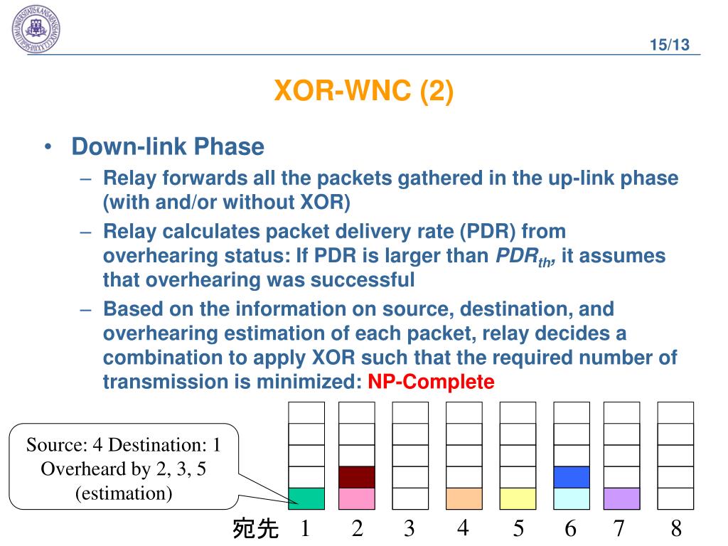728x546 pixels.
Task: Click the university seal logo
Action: coord(36,28)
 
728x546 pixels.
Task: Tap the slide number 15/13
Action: coord(670,45)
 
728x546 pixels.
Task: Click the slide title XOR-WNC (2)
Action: coord(363,90)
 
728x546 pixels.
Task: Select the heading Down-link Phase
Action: coord(168,146)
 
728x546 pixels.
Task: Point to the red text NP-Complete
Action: coord(431,382)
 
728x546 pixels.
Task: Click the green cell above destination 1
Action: coord(306,498)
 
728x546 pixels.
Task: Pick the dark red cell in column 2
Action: coord(357,477)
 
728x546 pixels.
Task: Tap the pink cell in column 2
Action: coord(357,498)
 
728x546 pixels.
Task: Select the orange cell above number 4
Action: coord(464,498)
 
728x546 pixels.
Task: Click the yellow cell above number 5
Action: coord(518,498)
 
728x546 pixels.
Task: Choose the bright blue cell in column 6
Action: coord(572,477)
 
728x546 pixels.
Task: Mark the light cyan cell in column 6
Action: coord(572,498)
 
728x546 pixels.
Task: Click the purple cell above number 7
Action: coord(621,498)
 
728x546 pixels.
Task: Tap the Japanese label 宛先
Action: coord(255,528)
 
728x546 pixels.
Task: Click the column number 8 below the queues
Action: coord(676,528)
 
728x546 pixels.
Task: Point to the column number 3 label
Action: coord(409,528)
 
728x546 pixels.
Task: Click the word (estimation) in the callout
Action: coord(124,493)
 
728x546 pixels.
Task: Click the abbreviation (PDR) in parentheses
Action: coord(488,231)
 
